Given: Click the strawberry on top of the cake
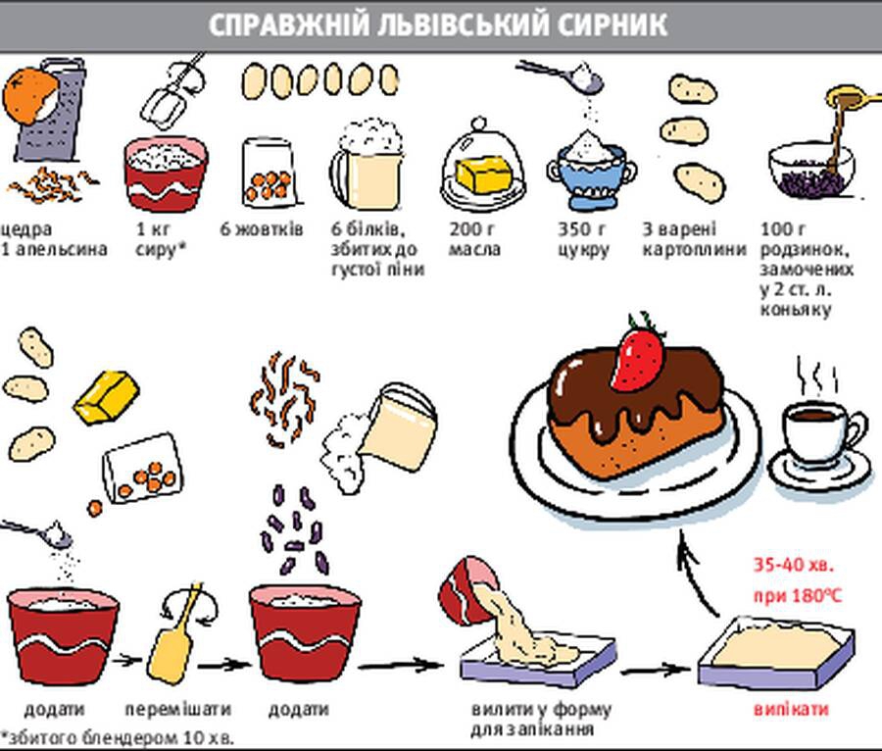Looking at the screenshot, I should [638, 355].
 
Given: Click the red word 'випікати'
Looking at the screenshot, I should [793, 709].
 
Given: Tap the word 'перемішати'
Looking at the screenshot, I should [178, 709].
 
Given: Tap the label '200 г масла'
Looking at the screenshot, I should [474, 239].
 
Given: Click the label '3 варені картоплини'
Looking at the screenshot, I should [680, 239].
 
